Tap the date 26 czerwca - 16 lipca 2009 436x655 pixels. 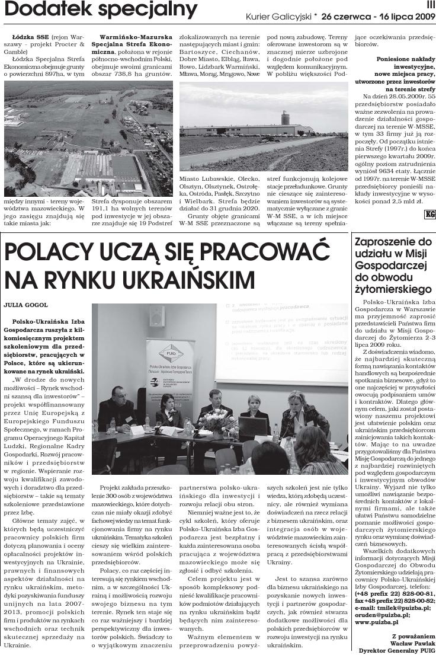click(x=379, y=17)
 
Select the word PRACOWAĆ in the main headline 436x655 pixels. click(x=248, y=254)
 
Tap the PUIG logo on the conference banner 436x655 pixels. click(x=171, y=352)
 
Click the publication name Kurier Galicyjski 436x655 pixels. click(x=281, y=17)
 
